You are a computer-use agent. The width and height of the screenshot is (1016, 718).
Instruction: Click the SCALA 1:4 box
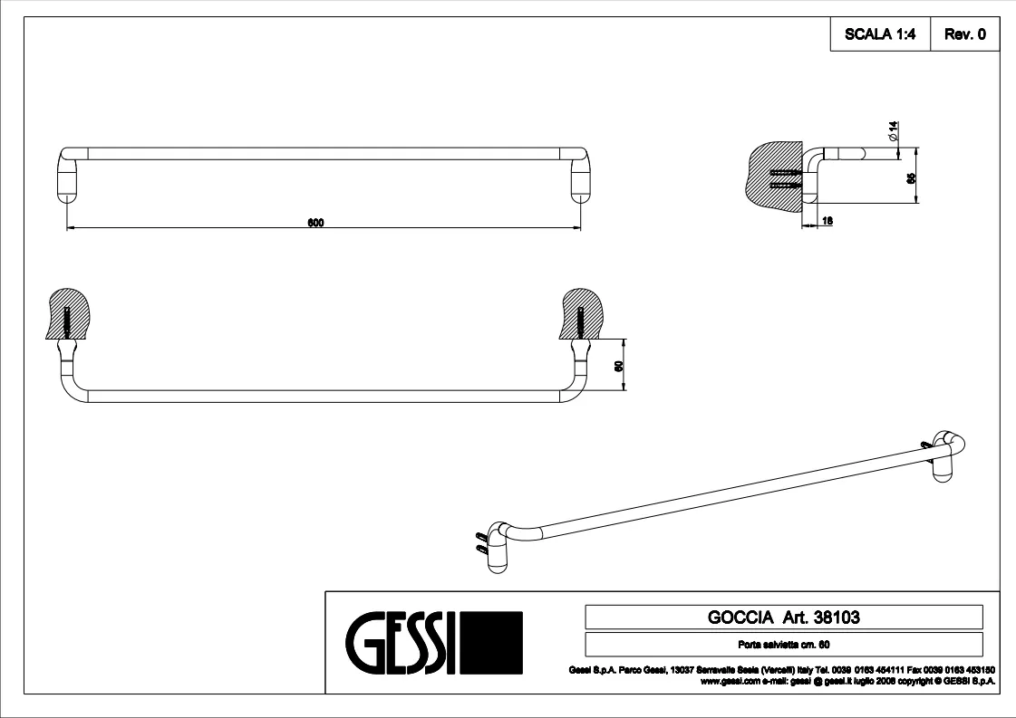[x=880, y=35]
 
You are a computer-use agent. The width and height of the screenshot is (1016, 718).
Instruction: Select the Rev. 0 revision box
[x=964, y=35]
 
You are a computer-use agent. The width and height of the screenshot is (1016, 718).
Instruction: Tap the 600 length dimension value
[x=315, y=223]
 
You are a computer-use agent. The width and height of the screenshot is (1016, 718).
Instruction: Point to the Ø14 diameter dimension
[x=892, y=134]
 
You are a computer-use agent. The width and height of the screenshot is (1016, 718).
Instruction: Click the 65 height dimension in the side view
[x=912, y=178]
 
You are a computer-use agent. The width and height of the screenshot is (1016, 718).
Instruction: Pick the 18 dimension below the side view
[x=827, y=221]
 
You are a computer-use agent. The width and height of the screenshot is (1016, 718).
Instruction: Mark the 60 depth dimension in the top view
[x=617, y=366]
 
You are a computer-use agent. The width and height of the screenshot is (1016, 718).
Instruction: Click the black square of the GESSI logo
[x=493, y=643]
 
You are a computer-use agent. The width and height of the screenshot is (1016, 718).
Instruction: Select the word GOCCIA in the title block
[x=733, y=617]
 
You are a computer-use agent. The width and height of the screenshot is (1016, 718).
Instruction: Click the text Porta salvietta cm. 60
[x=784, y=645]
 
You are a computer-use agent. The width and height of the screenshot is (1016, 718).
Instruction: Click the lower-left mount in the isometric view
[x=498, y=547]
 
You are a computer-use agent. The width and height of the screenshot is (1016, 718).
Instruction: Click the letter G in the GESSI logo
[x=361, y=643]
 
